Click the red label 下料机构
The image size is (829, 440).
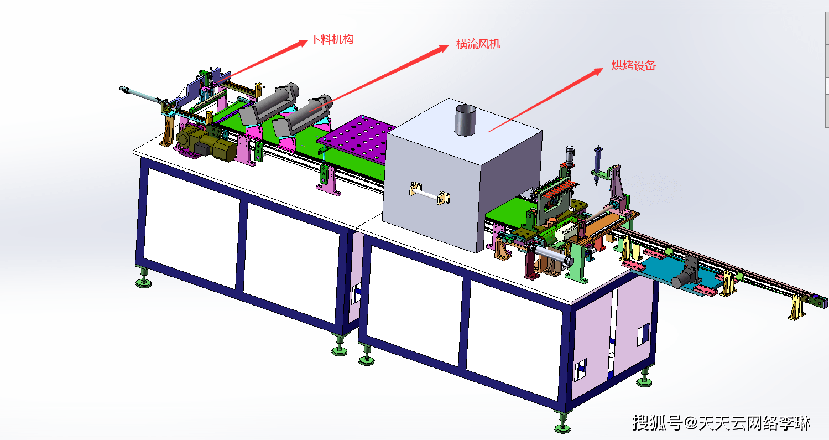tap(332, 39)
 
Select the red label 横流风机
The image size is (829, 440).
tap(478, 44)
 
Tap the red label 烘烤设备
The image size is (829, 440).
tap(633, 65)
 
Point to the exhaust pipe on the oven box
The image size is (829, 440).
tap(465, 120)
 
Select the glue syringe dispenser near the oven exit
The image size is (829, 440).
tap(597, 165)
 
